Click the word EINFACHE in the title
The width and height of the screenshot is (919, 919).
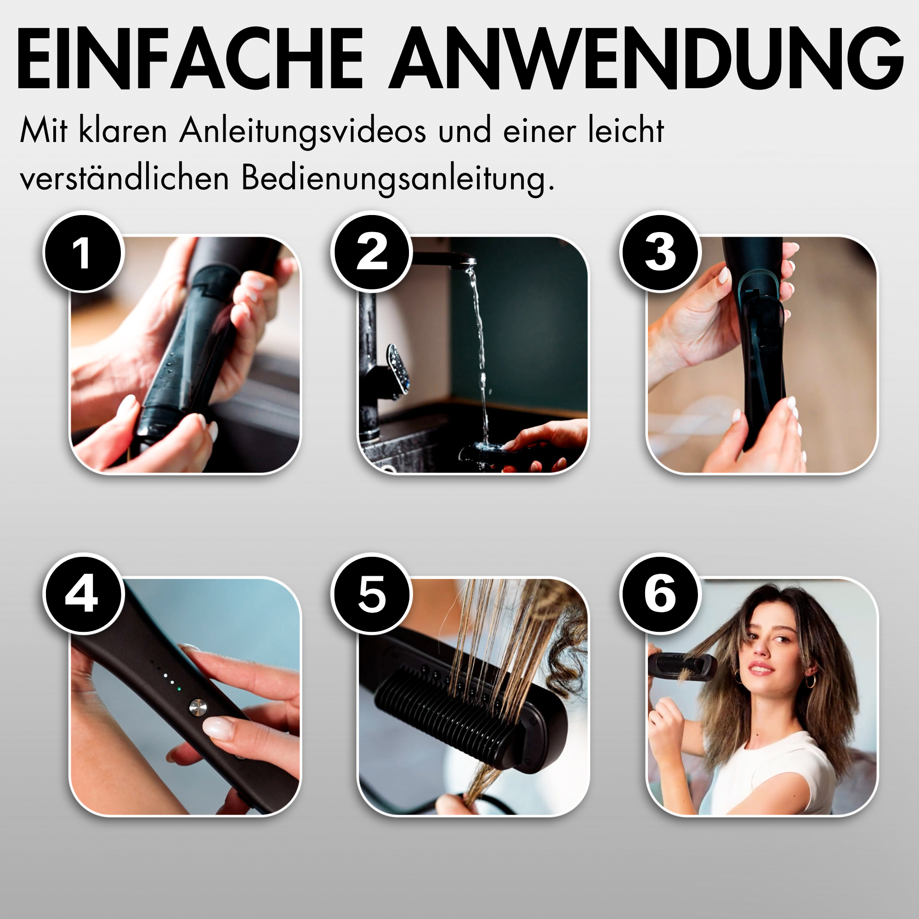pos(191,58)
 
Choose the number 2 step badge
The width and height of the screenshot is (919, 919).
pos(371,253)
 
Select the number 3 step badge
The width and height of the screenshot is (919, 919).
pos(660,253)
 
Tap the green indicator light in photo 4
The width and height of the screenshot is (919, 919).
pos(178,688)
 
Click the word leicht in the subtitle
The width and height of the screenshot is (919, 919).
pos(626,130)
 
